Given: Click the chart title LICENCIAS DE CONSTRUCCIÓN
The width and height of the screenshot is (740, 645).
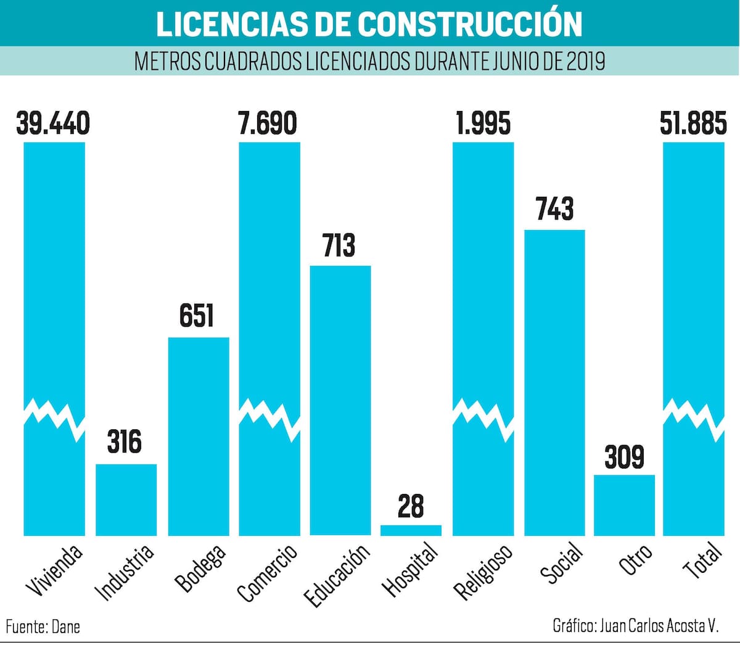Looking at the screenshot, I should point(369,23).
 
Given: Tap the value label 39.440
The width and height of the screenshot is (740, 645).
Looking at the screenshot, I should point(53,123).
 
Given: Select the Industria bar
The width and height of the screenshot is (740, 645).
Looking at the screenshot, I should point(126,499).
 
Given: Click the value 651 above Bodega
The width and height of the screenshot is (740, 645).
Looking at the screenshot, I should point(197,315).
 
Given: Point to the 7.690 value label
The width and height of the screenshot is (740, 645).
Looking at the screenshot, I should point(268,123).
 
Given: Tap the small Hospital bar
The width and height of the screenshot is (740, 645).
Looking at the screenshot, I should point(411,530).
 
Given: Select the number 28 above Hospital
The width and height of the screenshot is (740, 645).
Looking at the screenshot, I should point(411,506).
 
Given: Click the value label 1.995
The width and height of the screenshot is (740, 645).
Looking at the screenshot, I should point(483,123).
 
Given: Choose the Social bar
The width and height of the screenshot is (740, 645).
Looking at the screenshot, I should point(554,382).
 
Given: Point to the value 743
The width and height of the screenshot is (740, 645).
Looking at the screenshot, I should point(554,209).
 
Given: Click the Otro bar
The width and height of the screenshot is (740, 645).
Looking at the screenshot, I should point(624,504).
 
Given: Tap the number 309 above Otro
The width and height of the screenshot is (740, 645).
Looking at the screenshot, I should point(624,457).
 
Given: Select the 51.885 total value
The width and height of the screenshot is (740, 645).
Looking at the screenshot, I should point(693,123).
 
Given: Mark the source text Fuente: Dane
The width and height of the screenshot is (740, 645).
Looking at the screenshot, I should point(43,627).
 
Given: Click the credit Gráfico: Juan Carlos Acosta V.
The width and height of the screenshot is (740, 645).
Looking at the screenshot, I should point(636,625).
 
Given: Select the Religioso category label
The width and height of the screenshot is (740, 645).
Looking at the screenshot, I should point(483,572).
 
